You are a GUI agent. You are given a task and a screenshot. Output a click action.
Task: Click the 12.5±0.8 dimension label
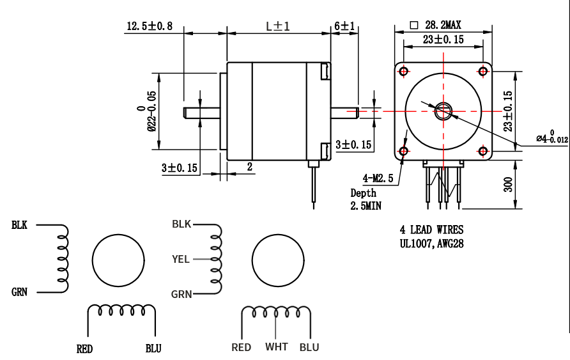tap(150, 26)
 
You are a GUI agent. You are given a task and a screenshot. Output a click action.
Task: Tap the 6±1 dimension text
tap(344, 26)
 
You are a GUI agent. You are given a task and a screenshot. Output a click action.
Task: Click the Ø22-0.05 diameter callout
tap(146, 110)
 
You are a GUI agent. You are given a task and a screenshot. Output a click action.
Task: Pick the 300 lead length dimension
tap(508, 185)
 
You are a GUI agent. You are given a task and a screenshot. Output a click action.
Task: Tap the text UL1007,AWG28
tap(431, 243)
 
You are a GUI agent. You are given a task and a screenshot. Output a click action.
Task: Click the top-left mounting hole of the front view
tap(404, 71)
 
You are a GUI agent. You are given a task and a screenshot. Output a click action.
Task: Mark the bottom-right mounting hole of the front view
tap(483, 151)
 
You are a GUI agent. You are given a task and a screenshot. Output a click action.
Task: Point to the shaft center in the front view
tap(443, 111)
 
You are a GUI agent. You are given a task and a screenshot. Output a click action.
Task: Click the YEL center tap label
tap(181, 260)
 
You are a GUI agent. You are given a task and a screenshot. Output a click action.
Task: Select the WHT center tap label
tap(277, 347)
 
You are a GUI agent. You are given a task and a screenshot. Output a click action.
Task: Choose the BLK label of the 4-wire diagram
tap(19, 225)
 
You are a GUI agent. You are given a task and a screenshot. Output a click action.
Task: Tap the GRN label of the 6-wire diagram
tap(181, 294)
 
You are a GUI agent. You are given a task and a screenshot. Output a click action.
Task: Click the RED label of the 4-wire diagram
tap(84, 349)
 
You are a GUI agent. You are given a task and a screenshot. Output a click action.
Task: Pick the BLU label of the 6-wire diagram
tap(309, 347)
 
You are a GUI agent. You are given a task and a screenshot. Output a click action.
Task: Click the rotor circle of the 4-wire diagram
tap(118, 260)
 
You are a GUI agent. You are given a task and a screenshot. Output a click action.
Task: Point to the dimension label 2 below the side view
tap(250, 166)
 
